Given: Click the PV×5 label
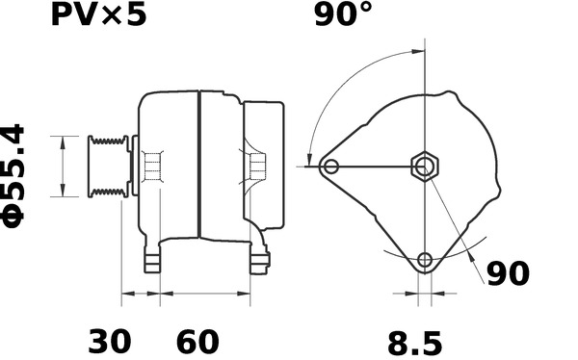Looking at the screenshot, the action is [x=98, y=15].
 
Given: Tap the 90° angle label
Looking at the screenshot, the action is [x=344, y=14].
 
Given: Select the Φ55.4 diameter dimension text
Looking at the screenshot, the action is [x=13, y=176].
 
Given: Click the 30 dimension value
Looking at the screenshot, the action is [x=110, y=342].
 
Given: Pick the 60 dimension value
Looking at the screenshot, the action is [x=197, y=342].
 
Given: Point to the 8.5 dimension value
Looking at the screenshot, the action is [x=414, y=344].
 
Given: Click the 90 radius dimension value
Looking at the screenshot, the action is [x=508, y=273].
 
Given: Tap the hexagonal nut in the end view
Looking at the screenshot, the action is [x=425, y=167].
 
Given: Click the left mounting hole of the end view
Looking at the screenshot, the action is [x=331, y=167].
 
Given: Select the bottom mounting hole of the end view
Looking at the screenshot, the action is [x=425, y=260].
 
